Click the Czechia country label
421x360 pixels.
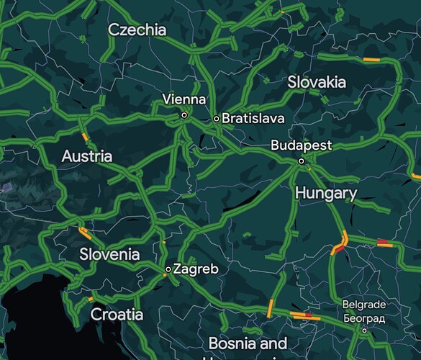point(137,30)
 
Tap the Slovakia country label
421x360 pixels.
point(317,83)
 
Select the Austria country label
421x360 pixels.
point(87,156)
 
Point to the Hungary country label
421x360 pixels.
point(326,194)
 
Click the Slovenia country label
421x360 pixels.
point(109,254)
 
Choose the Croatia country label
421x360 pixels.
point(117,315)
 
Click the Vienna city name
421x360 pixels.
point(184,99)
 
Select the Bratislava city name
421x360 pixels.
point(253,118)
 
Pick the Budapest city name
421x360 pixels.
point(302,145)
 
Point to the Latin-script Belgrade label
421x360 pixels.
point(364,305)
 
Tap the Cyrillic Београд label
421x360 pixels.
point(364,317)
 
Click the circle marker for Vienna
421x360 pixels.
point(184,114)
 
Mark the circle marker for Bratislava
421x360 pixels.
point(217,118)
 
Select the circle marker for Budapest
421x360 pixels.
point(302,161)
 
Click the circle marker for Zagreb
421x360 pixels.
point(168,269)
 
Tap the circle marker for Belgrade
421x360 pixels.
point(364,330)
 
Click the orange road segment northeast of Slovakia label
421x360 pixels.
point(371,59)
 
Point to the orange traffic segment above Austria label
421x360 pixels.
point(85,136)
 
